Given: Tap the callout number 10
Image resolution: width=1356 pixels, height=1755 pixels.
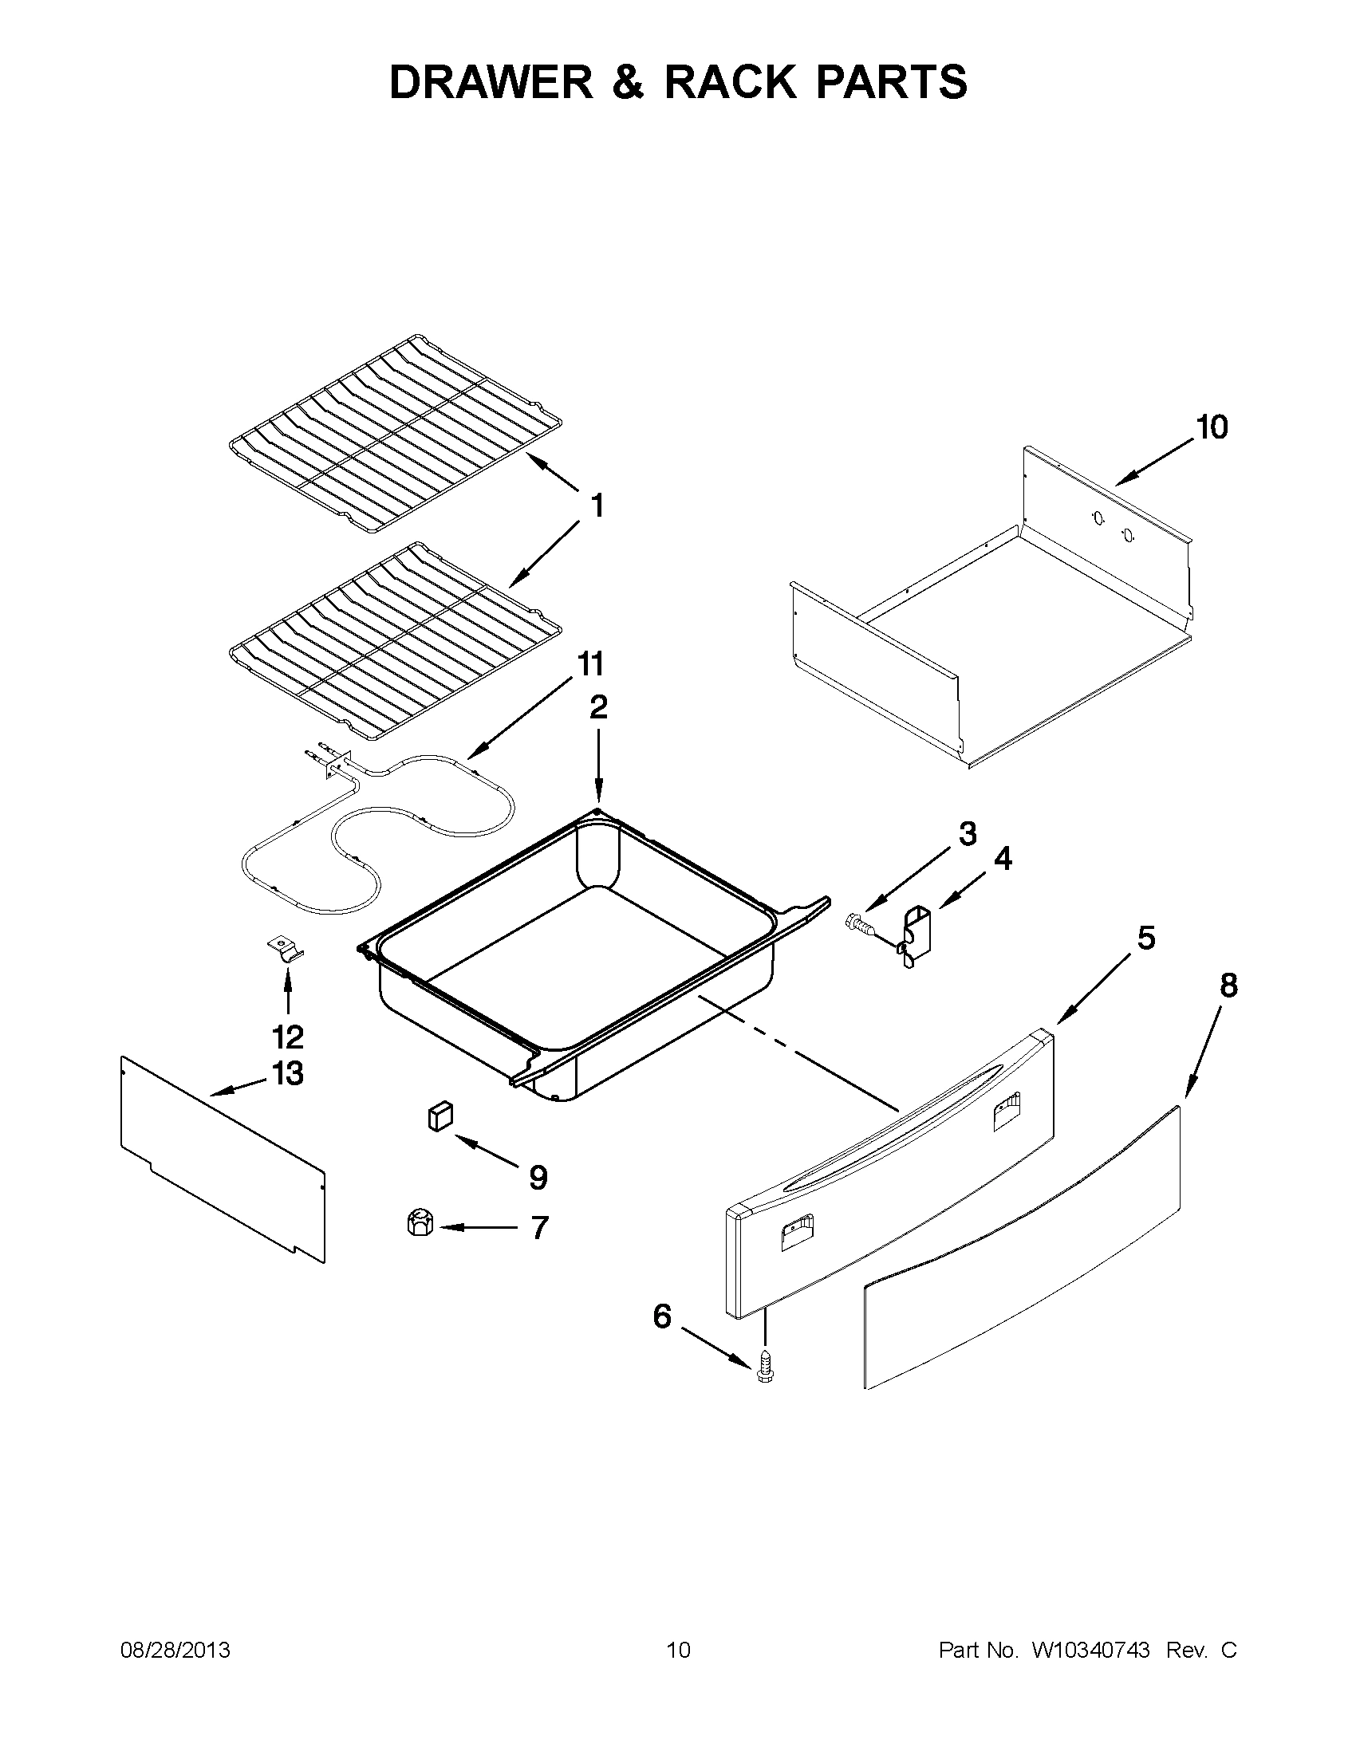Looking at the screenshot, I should click(x=1212, y=427).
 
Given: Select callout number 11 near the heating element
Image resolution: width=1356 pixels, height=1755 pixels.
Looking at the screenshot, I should click(x=589, y=665).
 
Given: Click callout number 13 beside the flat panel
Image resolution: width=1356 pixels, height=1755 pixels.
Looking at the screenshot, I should click(x=288, y=1073).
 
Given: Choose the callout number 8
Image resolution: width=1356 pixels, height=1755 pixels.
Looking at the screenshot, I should click(x=1228, y=986).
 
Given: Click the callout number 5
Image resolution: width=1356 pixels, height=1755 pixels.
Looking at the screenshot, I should click(x=1145, y=937).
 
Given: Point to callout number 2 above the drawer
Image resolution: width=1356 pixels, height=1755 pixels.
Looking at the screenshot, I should click(x=598, y=708).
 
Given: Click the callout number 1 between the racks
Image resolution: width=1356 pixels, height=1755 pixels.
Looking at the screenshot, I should click(x=597, y=506).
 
